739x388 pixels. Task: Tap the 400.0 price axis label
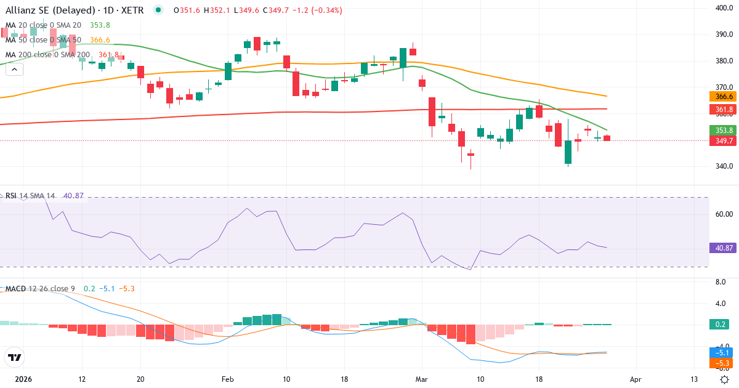(x=724, y=8)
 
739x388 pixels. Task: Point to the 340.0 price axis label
(x=724, y=166)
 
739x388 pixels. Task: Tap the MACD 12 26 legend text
(x=40, y=289)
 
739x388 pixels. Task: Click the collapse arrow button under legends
(x=14, y=70)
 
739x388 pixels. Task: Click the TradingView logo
(x=15, y=357)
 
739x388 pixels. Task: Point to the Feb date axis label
(x=228, y=379)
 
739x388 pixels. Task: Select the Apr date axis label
(x=636, y=379)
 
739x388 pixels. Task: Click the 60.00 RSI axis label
(x=724, y=214)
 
